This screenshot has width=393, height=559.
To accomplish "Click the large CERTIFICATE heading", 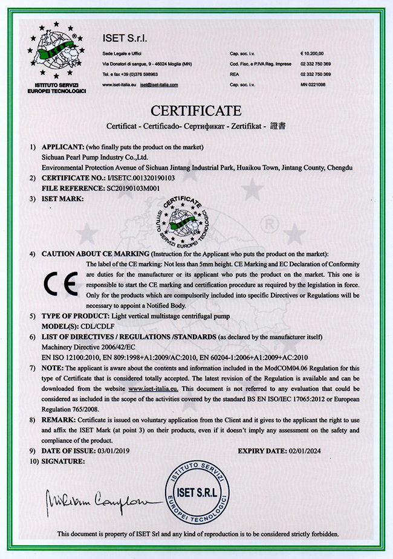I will click(196, 111).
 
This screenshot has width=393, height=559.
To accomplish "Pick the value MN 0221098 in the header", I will click(313, 85).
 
